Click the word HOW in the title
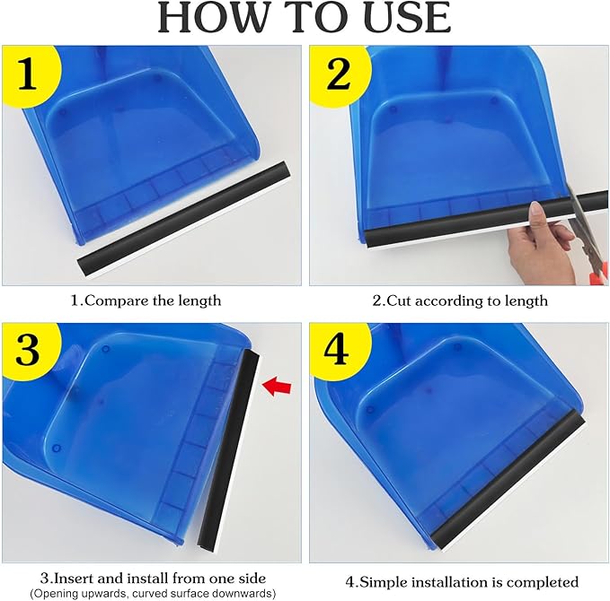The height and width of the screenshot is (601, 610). coord(211,19)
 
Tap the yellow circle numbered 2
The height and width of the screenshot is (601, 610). coord(338,75)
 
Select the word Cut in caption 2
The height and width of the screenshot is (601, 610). coord(401,300)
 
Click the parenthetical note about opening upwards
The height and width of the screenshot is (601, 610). coord(152,594)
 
